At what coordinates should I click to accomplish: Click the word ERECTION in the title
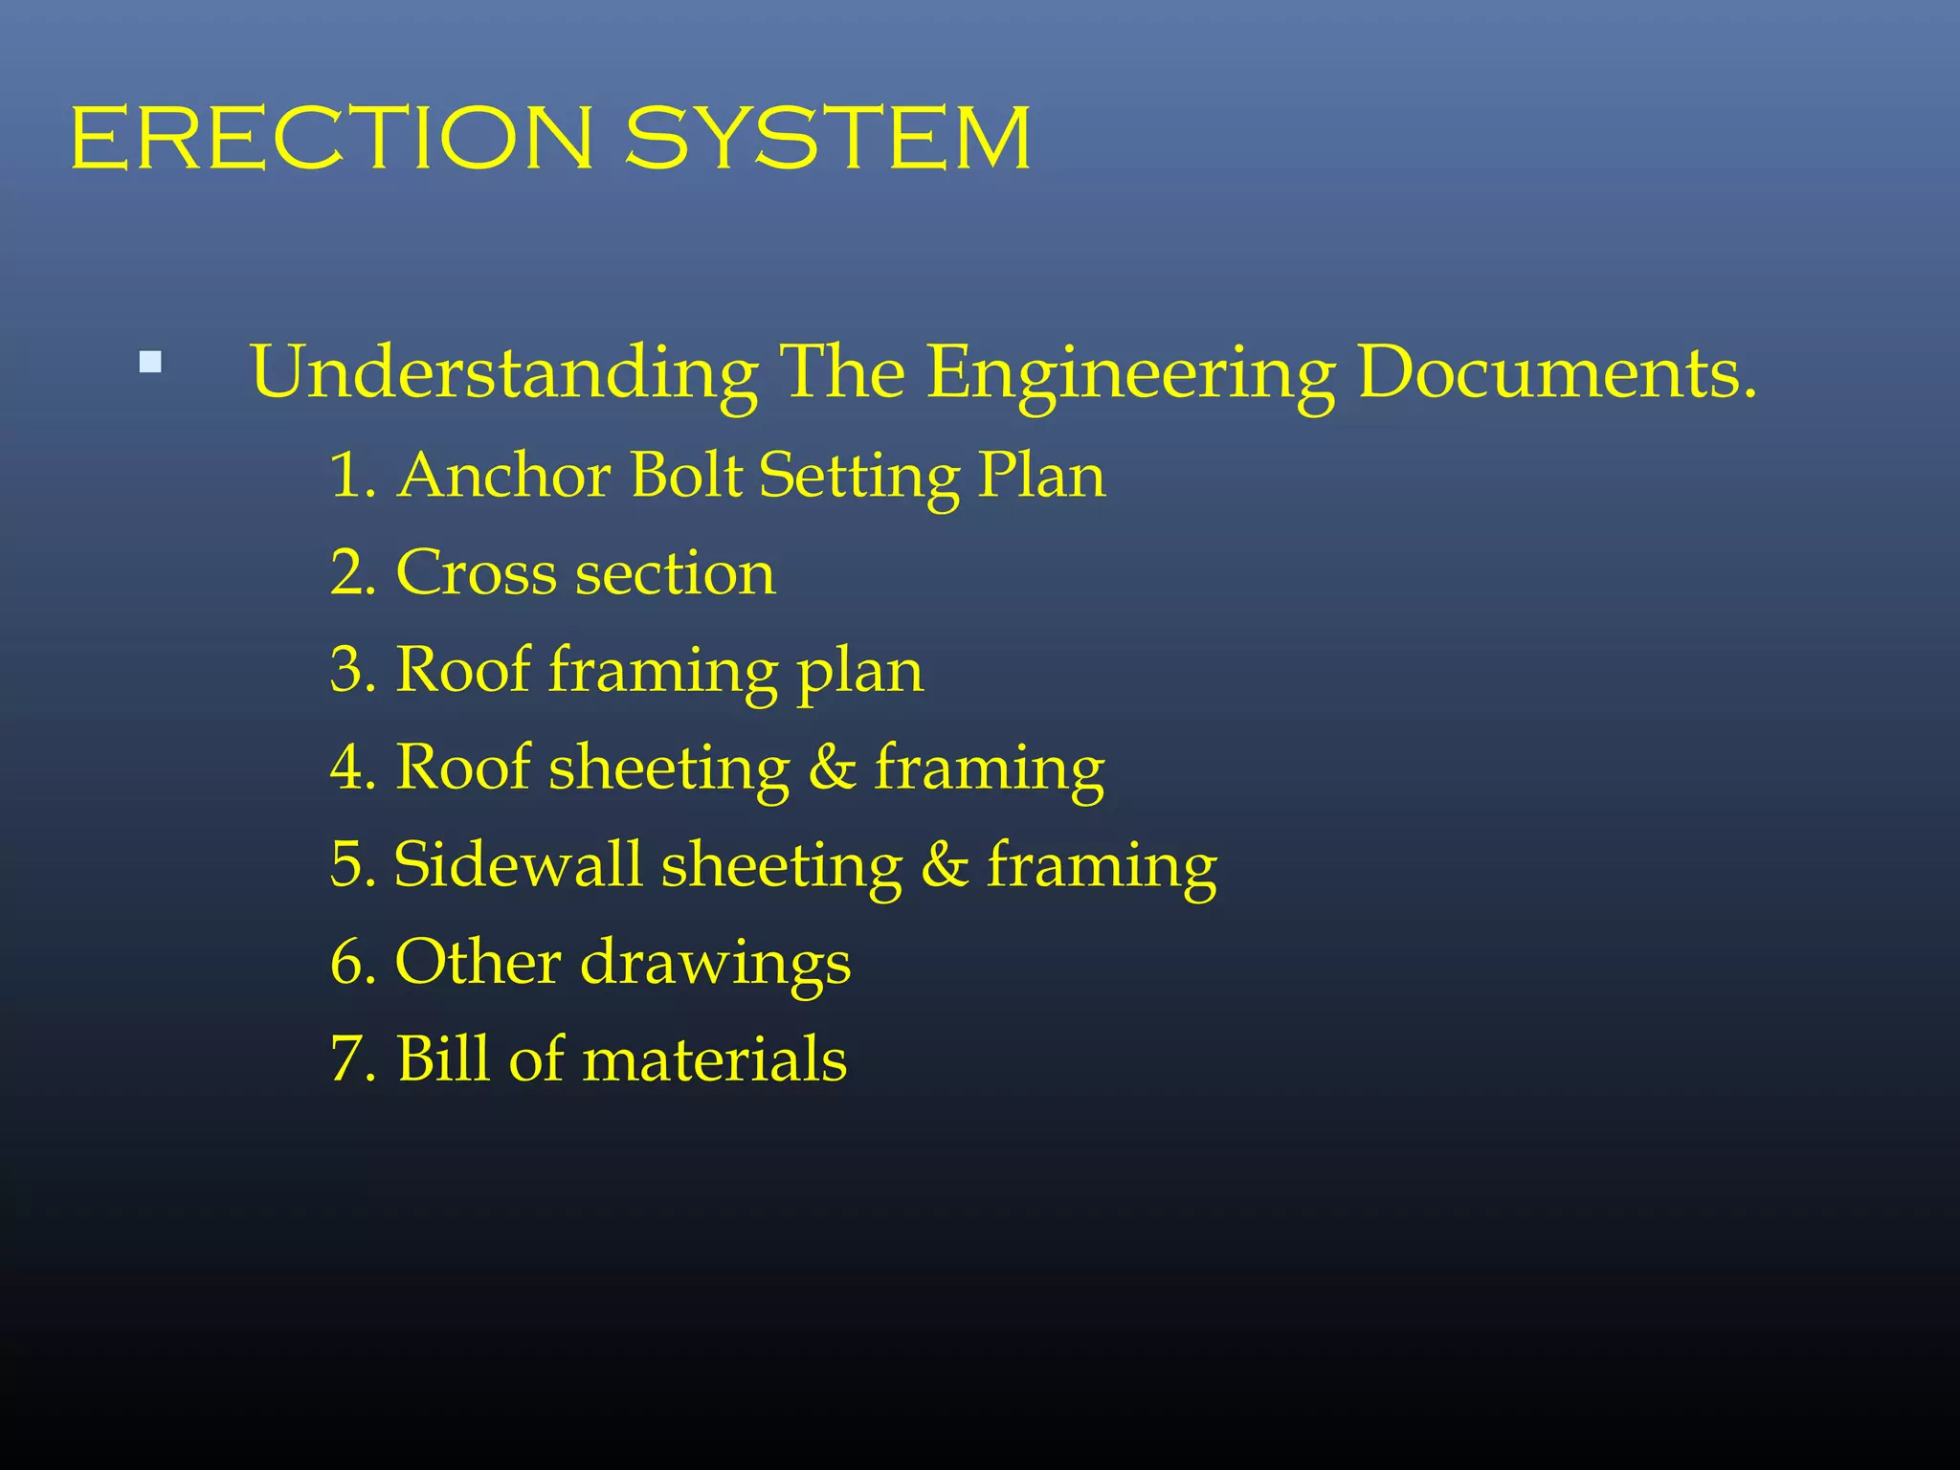(331, 139)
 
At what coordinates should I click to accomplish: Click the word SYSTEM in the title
(829, 139)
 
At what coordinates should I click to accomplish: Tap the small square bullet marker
(150, 363)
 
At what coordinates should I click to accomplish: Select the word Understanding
(504, 373)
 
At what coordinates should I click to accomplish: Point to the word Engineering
(1131, 373)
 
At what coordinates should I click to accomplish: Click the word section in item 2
(676, 574)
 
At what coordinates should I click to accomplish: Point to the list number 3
(348, 669)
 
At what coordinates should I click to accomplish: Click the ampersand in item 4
(832, 768)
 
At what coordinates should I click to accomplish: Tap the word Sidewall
(518, 864)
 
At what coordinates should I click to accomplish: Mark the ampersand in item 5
(945, 865)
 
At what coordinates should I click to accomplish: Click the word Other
(478, 962)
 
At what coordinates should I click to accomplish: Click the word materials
(714, 1060)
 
